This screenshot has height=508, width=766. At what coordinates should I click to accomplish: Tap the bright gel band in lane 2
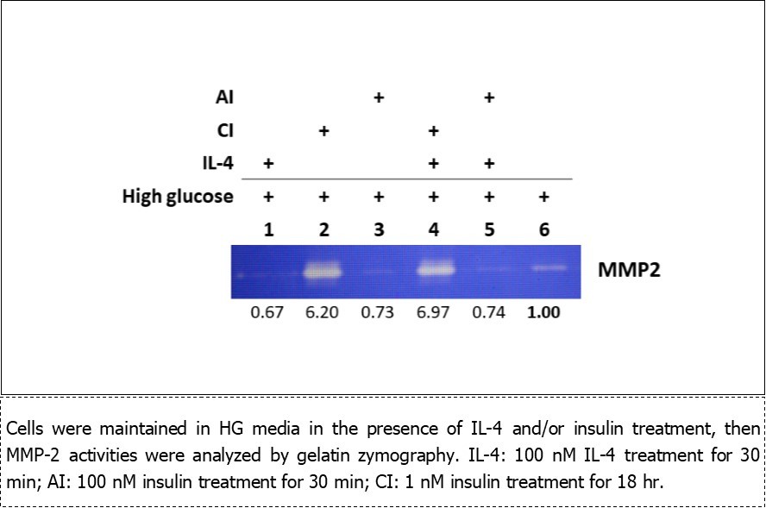324,272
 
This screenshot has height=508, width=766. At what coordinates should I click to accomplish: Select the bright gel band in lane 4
434,270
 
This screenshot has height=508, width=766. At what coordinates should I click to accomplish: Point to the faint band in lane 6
543,268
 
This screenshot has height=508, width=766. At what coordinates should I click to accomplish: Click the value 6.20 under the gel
323,312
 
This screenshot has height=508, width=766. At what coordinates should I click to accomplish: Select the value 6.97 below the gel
433,312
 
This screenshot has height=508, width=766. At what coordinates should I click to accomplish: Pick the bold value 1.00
543,312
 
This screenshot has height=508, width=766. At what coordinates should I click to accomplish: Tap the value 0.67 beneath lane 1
267,312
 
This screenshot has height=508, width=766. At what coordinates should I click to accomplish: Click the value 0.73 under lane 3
378,312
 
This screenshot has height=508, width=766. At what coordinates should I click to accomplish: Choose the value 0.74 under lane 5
488,312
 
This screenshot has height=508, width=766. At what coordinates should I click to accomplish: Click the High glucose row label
178,197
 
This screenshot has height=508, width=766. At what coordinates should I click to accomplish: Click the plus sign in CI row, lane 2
323,130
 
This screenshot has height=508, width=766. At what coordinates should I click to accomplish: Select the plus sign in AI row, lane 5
488,97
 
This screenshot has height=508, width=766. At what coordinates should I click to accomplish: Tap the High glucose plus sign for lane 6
543,197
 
